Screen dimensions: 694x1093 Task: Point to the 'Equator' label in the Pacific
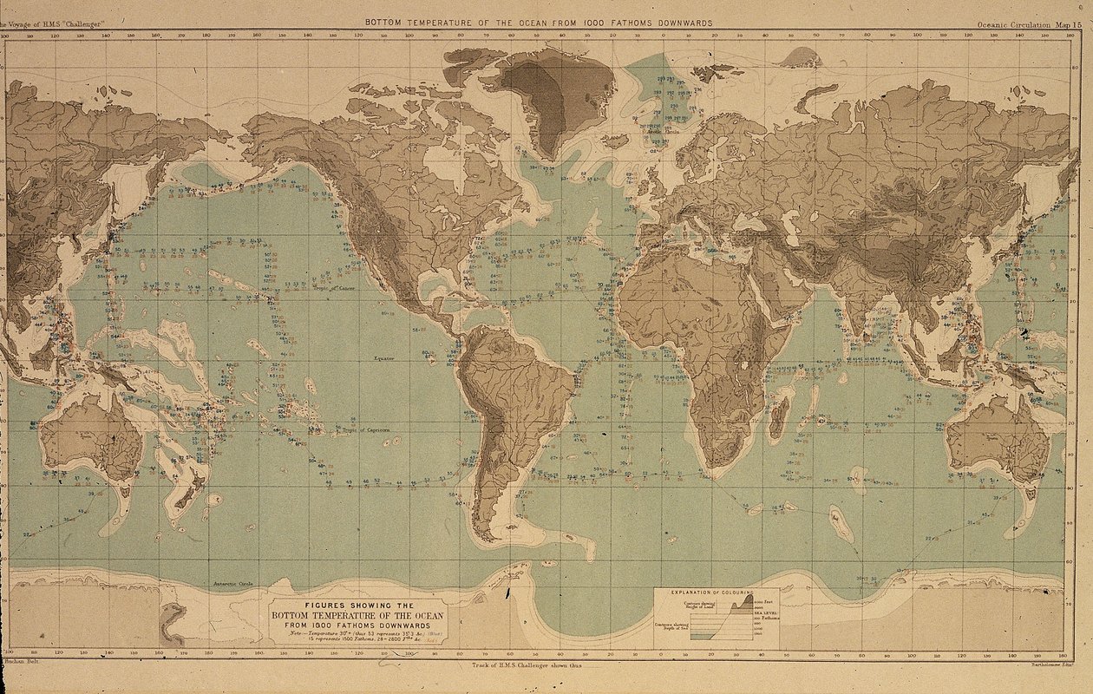click(384, 358)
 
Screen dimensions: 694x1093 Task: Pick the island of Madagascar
click(779, 417)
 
